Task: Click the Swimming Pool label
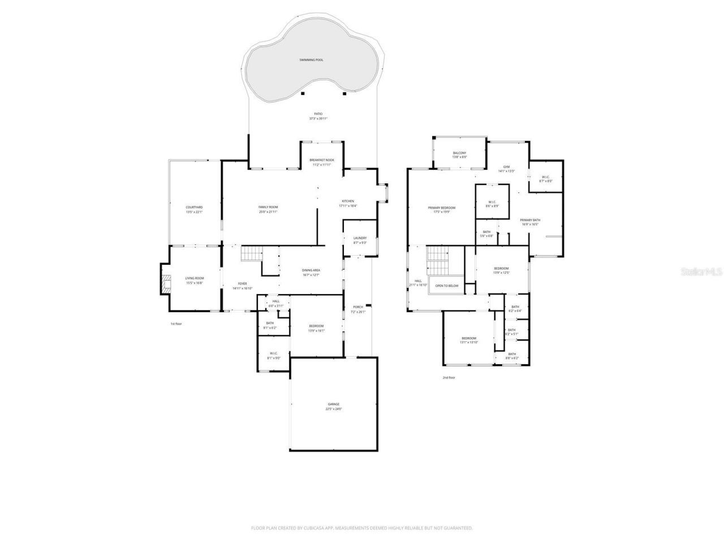point(311,59)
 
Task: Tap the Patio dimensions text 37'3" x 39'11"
point(318,119)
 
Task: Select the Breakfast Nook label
point(322,160)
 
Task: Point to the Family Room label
point(269,207)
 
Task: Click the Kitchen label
point(348,201)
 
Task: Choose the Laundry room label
point(360,238)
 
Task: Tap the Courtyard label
point(194,208)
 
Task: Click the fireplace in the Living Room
point(165,285)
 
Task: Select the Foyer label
point(242,284)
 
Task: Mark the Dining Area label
point(311,270)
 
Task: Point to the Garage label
point(334,404)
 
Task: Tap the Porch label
point(358,307)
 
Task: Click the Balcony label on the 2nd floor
point(459,153)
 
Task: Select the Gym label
point(506,167)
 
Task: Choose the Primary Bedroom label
point(441,208)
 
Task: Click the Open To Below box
point(447,286)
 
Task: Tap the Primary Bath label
point(530,220)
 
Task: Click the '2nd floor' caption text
point(449,377)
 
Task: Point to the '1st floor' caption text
point(176,324)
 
